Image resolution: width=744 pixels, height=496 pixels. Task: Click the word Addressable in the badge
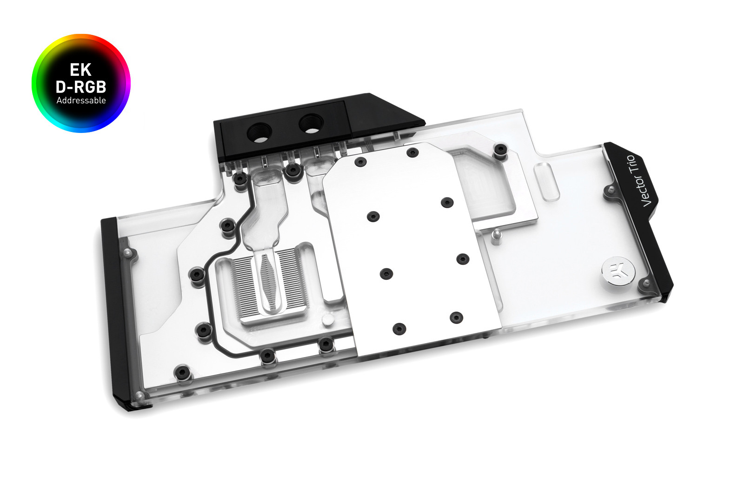coord(81,100)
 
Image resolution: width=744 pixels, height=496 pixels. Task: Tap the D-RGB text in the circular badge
coord(81,86)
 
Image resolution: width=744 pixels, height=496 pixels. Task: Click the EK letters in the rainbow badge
coord(80,70)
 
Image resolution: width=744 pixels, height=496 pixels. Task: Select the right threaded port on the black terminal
coord(311,123)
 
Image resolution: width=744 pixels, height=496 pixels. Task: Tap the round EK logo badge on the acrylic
coord(618,271)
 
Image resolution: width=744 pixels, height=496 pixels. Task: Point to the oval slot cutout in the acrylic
coord(546,181)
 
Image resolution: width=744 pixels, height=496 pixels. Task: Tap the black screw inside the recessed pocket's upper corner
coord(500,149)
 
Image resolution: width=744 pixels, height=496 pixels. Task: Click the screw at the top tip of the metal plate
coord(412,152)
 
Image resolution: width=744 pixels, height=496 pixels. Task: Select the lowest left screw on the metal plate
coord(399,329)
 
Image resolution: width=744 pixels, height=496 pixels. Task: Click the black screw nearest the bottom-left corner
coord(182,372)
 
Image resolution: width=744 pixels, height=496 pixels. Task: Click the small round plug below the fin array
coord(328,320)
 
